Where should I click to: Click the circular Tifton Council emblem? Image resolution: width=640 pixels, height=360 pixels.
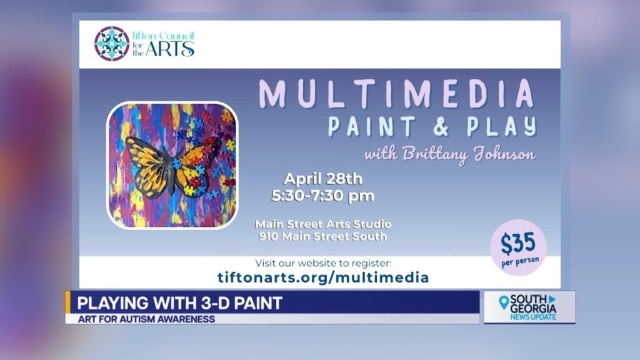pos(112,43)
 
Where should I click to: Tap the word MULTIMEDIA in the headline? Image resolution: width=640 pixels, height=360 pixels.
pos(397,94)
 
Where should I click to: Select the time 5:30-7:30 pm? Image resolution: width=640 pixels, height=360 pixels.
pos(322,196)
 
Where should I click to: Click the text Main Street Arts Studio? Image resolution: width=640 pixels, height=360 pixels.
pos(322,224)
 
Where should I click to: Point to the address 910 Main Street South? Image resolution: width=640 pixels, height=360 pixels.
pos(322,236)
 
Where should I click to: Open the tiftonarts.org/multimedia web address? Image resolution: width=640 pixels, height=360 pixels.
pos(322,277)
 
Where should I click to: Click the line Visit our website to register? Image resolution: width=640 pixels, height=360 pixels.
pos(322,263)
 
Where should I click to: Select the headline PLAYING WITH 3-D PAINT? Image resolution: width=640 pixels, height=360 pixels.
pos(179,303)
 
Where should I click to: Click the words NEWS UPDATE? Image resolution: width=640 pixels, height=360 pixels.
pos(532,317)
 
